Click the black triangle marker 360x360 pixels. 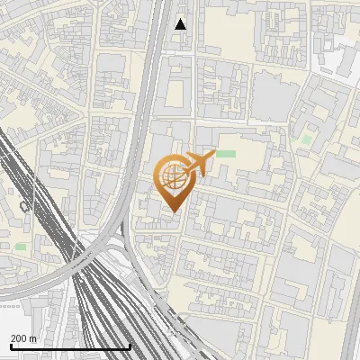point(181,24)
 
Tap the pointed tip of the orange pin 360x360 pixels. point(174,212)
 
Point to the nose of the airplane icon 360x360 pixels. point(212,156)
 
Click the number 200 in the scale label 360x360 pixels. point(19,338)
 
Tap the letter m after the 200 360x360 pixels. point(33,338)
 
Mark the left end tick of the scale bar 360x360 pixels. point(11,346)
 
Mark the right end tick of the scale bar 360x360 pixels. point(130,346)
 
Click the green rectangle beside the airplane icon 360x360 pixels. point(225,154)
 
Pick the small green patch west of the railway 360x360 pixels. point(21,246)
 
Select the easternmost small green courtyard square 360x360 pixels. point(308,139)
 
